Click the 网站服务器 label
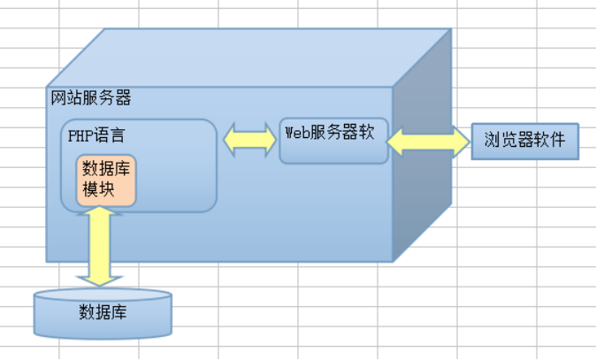tap(91, 98)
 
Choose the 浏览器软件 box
tap(524, 141)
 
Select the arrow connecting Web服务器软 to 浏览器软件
tap(429, 140)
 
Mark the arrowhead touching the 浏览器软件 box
tap(461, 140)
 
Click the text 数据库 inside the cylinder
tap(102, 311)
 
